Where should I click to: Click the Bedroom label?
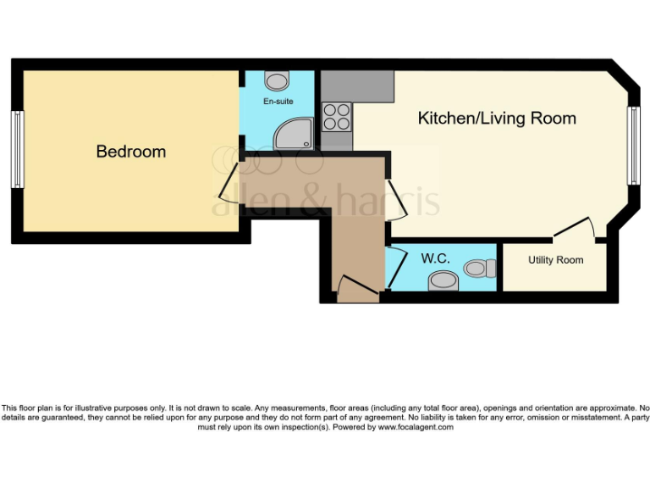(x=130, y=152)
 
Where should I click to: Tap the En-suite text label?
(x=278, y=102)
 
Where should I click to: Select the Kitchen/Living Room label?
(x=497, y=119)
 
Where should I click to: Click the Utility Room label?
(x=555, y=260)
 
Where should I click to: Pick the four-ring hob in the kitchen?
(x=338, y=116)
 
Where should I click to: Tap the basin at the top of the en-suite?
(x=276, y=80)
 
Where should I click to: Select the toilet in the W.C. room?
(x=480, y=269)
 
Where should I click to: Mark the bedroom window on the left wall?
(x=17, y=150)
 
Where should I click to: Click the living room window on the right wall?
(x=631, y=146)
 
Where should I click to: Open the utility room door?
(x=576, y=227)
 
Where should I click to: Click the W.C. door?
(x=391, y=266)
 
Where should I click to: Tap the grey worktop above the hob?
(x=358, y=86)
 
